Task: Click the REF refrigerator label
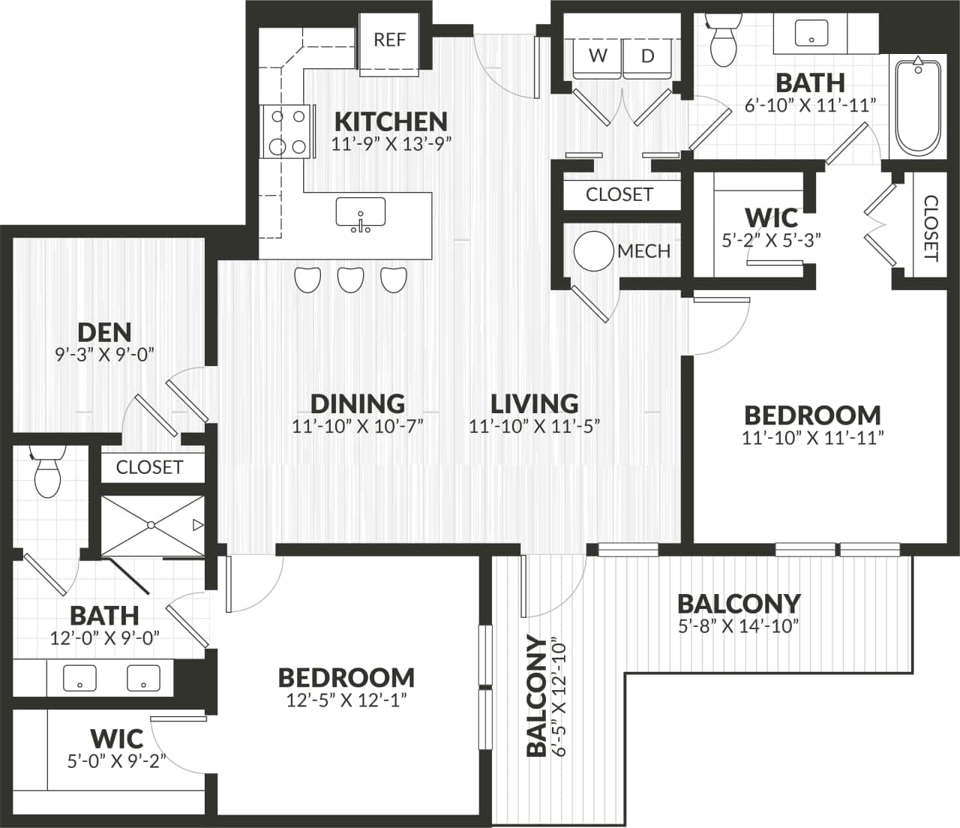pos(389,40)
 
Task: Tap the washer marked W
pos(597,56)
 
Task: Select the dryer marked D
pos(648,56)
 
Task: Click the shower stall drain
pos(151,524)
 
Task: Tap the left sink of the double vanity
pos(79,678)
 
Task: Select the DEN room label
pos(104,332)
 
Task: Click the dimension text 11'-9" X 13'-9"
pos(391,143)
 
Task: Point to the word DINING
pos(358,403)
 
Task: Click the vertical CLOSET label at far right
pos(931,227)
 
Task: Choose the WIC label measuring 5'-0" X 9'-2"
pos(117,738)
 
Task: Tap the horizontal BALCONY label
pos(739,604)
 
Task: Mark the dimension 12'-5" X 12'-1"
pos(346,701)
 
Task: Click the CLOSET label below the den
pos(149,467)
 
